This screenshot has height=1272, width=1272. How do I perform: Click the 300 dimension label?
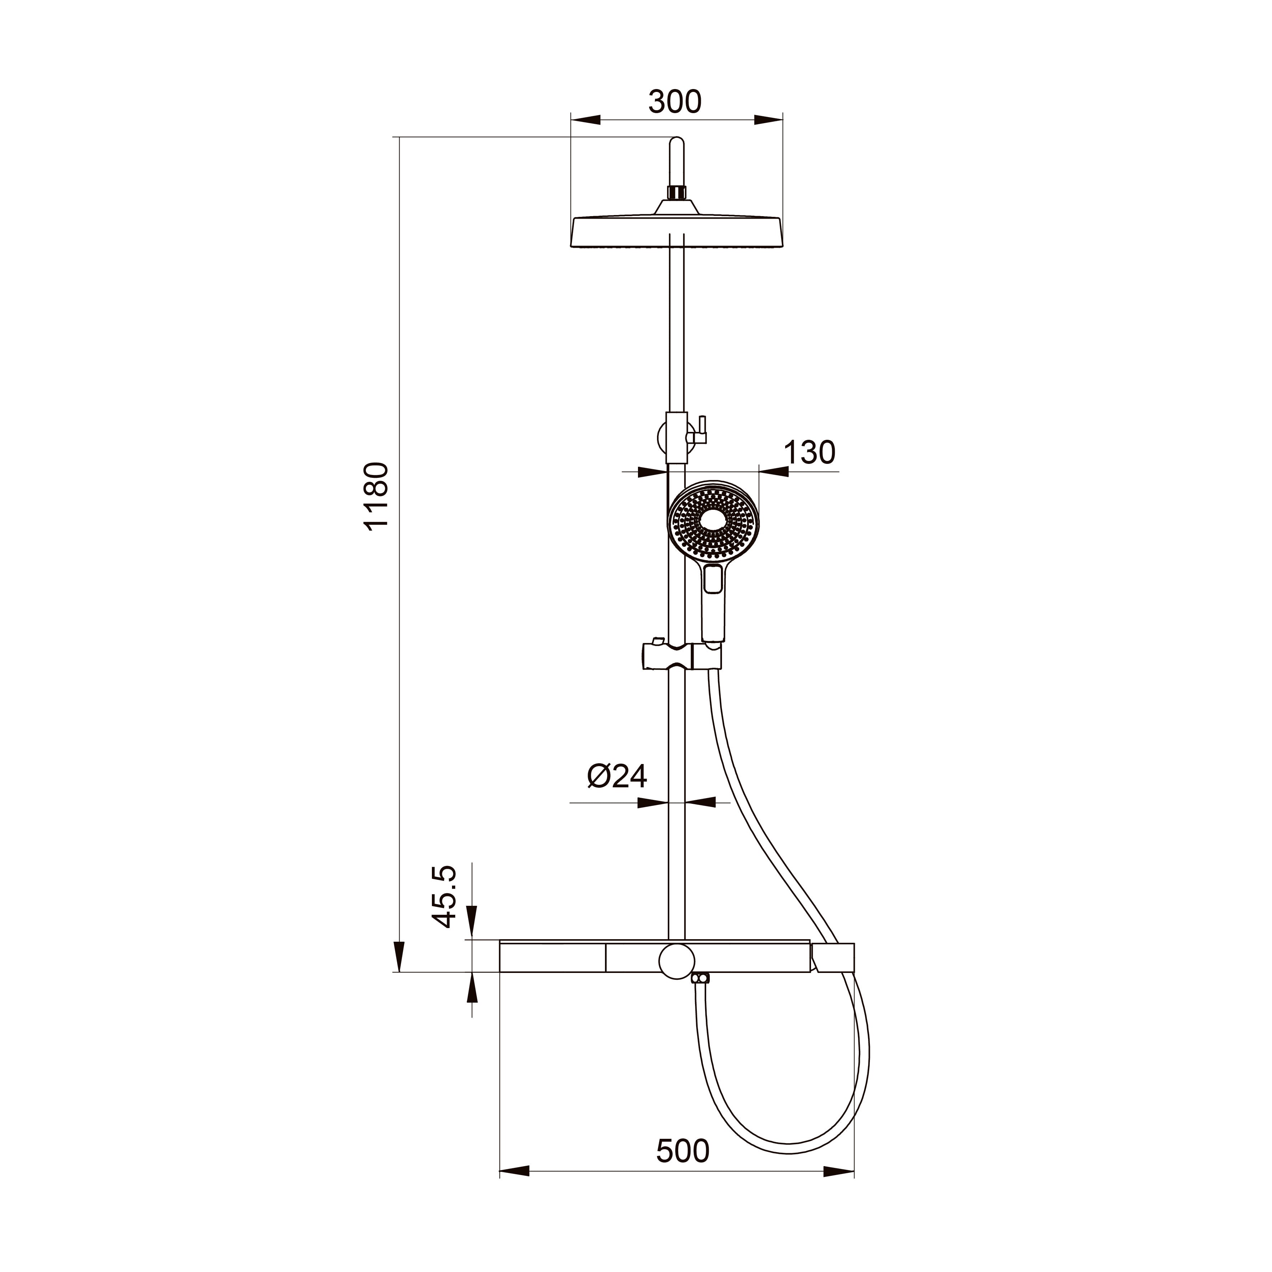(x=676, y=102)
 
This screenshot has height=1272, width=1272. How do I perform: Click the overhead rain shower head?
(x=677, y=230)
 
